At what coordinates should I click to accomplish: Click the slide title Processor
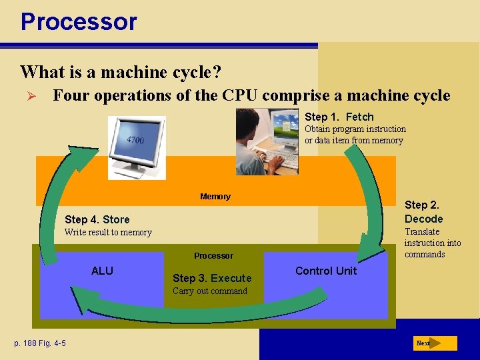click(x=79, y=21)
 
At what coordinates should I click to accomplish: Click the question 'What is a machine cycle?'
click(x=121, y=71)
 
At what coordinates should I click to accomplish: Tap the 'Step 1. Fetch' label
click(x=339, y=117)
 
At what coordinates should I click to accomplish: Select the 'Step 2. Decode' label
click(x=423, y=212)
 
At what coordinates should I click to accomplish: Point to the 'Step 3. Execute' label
click(x=212, y=278)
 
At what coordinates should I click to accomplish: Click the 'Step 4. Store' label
click(x=97, y=219)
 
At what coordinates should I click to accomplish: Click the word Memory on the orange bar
click(x=215, y=196)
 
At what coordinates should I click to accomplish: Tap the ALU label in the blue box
click(x=102, y=271)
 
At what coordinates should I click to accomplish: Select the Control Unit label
click(x=326, y=271)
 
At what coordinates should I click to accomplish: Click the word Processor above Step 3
click(x=213, y=255)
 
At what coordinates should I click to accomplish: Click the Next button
click(x=435, y=343)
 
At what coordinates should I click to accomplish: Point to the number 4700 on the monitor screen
click(x=137, y=140)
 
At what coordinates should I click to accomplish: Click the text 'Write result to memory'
click(x=108, y=233)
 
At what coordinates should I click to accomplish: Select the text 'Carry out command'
click(x=209, y=291)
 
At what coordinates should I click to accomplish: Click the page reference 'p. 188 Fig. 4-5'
click(x=40, y=343)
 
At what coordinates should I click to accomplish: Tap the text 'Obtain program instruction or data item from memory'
click(x=355, y=135)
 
